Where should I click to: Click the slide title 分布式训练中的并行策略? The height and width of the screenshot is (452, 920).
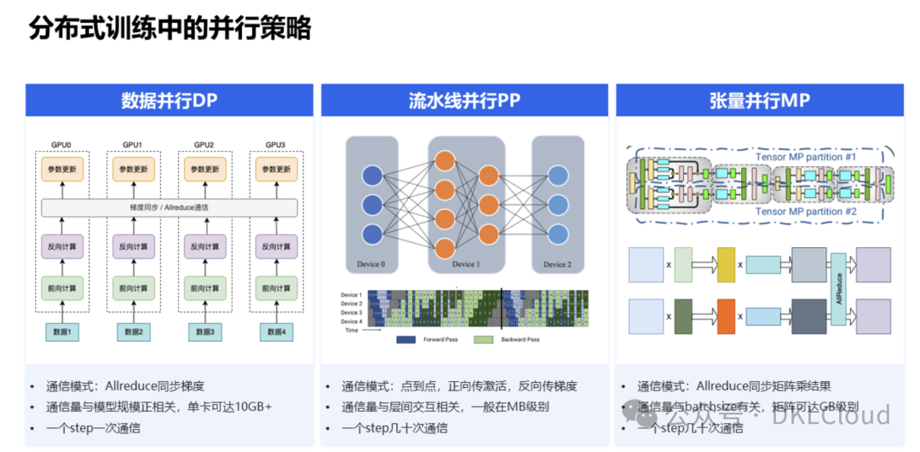click(170, 28)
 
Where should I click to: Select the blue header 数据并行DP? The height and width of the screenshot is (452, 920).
click(169, 100)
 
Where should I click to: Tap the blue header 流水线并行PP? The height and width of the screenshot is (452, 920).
click(464, 100)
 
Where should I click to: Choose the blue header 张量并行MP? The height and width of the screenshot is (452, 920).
click(759, 100)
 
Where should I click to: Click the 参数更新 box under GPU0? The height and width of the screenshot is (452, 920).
click(61, 169)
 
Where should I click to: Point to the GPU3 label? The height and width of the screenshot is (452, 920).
click(276, 145)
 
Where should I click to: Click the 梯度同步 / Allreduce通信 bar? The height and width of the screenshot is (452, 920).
click(169, 207)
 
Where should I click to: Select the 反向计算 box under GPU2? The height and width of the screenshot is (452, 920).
click(204, 246)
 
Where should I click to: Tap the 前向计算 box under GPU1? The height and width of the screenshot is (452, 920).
click(133, 288)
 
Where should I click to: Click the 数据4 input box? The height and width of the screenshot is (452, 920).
click(276, 332)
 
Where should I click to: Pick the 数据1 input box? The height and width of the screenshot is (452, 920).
click(61, 332)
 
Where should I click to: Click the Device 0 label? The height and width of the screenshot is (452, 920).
click(371, 264)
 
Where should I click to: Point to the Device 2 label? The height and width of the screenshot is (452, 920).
click(557, 264)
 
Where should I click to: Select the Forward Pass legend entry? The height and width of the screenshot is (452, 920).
click(426, 339)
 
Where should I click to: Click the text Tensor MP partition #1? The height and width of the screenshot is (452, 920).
click(806, 158)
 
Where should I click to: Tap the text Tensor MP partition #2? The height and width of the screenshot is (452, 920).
click(806, 212)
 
